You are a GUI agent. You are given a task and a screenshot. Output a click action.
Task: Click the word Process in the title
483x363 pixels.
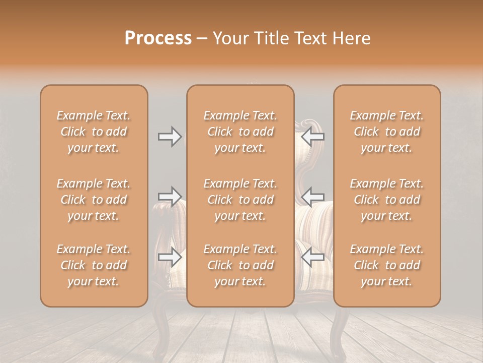coord(158,38)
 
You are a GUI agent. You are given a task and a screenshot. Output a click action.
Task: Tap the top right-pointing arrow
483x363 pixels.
coord(170,137)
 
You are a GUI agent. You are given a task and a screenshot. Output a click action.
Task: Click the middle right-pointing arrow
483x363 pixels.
coord(170,196)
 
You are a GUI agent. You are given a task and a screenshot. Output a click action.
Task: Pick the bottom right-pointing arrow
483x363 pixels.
coord(170,257)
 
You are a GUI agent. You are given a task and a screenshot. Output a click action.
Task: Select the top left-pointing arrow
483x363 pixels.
coord(312,137)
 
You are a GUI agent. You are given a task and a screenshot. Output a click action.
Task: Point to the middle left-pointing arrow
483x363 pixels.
coord(312,196)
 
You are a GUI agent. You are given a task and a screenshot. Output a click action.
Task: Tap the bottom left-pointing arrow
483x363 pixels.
coord(312,257)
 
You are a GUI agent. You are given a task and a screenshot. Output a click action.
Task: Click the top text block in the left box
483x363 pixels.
coord(94,132)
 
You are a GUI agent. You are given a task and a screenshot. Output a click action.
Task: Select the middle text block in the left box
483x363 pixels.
coord(94,200)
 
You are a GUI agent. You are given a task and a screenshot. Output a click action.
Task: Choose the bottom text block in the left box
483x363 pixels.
coord(94,265)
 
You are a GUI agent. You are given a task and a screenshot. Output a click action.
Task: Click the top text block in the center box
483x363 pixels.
coord(240,132)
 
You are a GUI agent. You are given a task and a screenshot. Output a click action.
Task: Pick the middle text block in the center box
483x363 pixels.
coord(240,200)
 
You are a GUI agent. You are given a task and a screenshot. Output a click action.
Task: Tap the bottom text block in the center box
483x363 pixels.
coord(240,265)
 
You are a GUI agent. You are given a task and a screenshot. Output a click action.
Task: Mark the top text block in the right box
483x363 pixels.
coord(387,132)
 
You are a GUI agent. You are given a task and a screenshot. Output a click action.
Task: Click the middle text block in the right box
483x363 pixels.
coord(387,200)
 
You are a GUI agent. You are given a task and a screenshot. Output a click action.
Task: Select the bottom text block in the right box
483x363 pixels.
coord(387,265)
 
